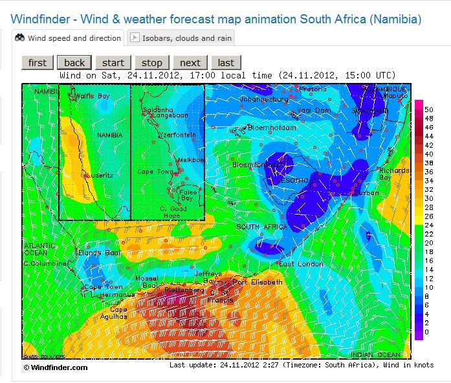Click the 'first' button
point(38,62)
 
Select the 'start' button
point(113,62)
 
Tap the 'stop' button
point(151,62)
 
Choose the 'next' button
point(190,62)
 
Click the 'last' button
point(226,62)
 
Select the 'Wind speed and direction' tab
point(69,38)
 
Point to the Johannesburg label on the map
point(263,99)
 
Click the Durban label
point(367,192)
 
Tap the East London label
point(300,264)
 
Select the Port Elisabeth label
point(257,282)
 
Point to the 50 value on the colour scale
point(428,110)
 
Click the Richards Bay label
point(393,174)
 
